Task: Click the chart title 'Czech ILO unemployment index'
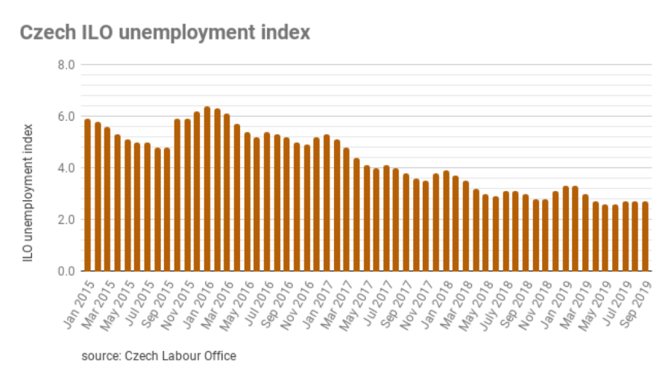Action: [x=164, y=33]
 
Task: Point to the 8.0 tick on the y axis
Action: [x=66, y=65]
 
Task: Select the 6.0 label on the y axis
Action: [x=66, y=116]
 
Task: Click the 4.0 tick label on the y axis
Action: [x=66, y=168]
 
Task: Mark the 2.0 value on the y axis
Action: [x=66, y=219]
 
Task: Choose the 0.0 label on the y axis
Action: [x=66, y=271]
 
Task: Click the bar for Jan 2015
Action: [x=88, y=195]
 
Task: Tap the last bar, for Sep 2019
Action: [x=646, y=236]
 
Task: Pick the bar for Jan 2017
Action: [x=327, y=202]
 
